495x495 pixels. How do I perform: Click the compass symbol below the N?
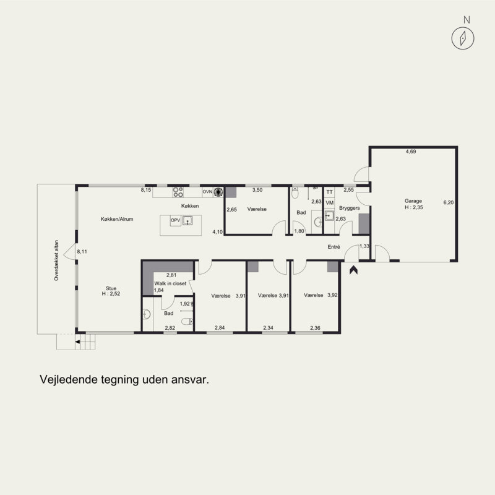pyautogui.click(x=462, y=38)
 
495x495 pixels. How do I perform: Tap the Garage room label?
pyautogui.click(x=413, y=200)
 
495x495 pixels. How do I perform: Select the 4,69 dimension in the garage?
pyautogui.click(x=411, y=152)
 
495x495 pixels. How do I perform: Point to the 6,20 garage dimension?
pyautogui.click(x=448, y=202)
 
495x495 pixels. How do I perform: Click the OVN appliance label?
pyautogui.click(x=207, y=192)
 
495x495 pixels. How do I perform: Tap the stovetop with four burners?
pyautogui.click(x=178, y=192)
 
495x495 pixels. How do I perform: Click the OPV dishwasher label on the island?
pyautogui.click(x=175, y=220)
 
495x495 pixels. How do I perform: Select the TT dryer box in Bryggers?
pyautogui.click(x=330, y=192)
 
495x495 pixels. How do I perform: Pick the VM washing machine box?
pyautogui.click(x=330, y=203)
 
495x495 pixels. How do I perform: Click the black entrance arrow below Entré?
pyautogui.click(x=353, y=270)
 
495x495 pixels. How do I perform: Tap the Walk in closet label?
pyautogui.click(x=170, y=283)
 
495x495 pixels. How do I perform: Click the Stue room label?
pyautogui.click(x=111, y=288)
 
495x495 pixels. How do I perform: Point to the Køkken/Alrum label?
pyautogui.click(x=117, y=219)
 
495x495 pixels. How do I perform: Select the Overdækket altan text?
pyautogui.click(x=56, y=260)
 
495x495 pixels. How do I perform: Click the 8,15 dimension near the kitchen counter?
pyautogui.click(x=146, y=190)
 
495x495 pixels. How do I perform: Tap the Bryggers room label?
pyautogui.click(x=350, y=208)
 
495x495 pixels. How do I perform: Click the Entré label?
pyautogui.click(x=334, y=247)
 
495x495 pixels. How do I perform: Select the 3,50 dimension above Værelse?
pyautogui.click(x=257, y=190)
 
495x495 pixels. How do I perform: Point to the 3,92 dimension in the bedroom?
pyautogui.click(x=332, y=295)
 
